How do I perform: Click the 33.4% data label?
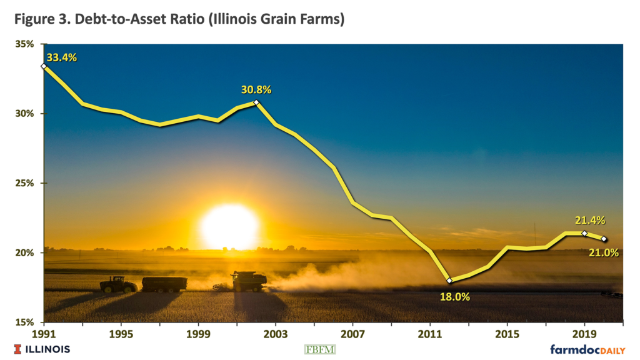tap(62, 57)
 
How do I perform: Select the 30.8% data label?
tap(256, 89)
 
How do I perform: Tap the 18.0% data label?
tap(454, 297)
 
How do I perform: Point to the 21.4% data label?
tap(591, 220)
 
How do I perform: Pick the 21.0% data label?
tap(604, 252)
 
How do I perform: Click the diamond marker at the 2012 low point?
tap(449, 281)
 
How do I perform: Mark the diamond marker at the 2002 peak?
tap(256, 102)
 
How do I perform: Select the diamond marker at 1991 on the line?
tap(44, 66)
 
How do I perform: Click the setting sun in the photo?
tap(230, 226)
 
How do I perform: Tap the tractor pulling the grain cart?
tap(118, 285)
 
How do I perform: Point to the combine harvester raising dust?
tap(247, 282)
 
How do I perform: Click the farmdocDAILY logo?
tap(587, 349)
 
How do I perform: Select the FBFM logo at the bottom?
tap(319, 349)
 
